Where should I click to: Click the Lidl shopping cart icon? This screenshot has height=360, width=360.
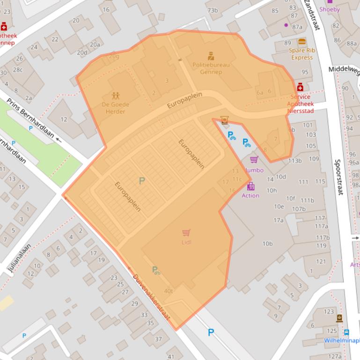pos(186,233)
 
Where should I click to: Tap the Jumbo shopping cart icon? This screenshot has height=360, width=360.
pos(254,160)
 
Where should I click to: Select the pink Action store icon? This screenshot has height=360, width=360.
pos(251,186)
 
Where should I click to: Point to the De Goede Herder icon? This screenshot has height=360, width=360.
pos(115,95)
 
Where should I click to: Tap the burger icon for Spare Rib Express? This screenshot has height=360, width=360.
pos(301,42)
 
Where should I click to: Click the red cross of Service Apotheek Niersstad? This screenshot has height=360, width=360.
pos(300,87)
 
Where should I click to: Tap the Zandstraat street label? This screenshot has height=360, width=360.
pos(311,15)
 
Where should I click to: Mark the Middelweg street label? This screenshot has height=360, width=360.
pos(344,70)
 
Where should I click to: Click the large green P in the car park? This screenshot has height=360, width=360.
pos(142,180)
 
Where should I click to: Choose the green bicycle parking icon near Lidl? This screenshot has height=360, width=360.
pos(156,270)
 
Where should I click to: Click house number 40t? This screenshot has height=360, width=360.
pos(168,291)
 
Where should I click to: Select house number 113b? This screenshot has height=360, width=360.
pos(295,161)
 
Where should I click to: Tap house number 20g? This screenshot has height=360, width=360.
pos(114,57)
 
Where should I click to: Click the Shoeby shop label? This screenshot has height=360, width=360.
pos(330,9)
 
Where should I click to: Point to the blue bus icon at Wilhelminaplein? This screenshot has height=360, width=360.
pos(346,332)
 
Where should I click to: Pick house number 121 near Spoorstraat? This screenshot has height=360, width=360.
pos(321,261)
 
